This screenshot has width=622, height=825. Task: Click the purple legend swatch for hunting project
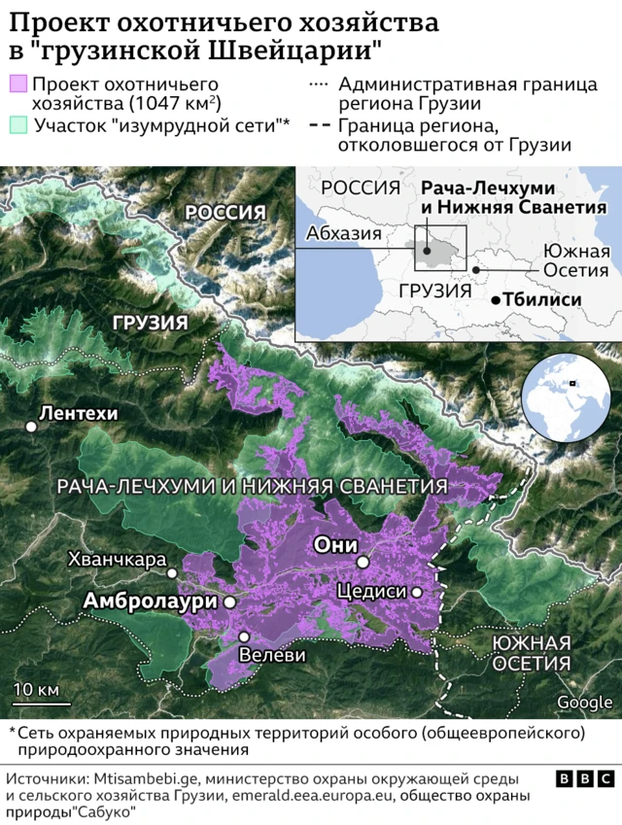click(17, 86)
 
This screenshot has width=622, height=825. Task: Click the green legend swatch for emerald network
click(17, 124)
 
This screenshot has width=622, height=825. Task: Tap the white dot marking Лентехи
click(32, 426)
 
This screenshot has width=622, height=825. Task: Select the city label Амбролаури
click(149, 602)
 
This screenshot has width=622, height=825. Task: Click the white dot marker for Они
click(362, 562)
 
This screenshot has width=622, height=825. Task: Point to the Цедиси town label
click(371, 591)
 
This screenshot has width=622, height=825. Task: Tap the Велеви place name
click(272, 655)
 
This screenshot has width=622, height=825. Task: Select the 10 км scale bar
click(36, 699)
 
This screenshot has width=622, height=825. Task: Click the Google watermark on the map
click(584, 703)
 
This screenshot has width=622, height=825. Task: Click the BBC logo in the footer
click(583, 752)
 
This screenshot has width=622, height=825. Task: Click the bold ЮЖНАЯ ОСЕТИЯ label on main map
click(530, 653)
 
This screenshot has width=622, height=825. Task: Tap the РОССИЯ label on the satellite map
click(225, 213)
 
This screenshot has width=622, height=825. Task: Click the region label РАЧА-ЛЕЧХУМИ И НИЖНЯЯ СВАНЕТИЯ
click(252, 485)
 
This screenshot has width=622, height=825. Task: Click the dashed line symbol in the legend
click(318, 124)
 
